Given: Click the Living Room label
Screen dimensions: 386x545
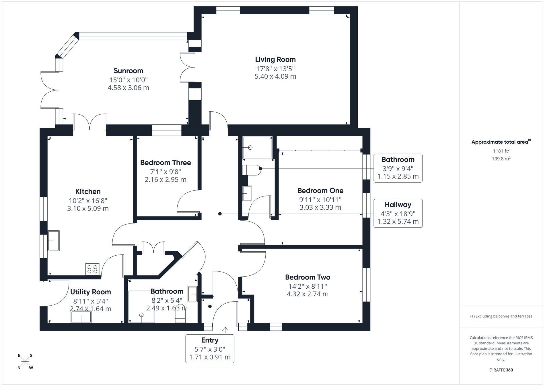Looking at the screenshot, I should (275, 59).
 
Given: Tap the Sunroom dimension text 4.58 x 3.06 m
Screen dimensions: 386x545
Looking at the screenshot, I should (128, 88).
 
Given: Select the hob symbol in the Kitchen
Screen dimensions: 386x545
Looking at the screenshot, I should (92, 269).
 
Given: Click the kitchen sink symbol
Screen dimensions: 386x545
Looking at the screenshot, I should (53, 240).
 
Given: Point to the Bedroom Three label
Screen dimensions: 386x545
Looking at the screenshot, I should (166, 163).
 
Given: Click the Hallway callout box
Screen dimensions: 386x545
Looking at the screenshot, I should (398, 213).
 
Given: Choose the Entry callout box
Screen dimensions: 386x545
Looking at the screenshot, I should (210, 348).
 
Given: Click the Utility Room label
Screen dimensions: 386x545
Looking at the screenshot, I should (91, 292).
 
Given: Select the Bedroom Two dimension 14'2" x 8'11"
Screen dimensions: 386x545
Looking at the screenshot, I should (307, 286).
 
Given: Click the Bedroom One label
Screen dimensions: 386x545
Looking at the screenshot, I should (320, 190).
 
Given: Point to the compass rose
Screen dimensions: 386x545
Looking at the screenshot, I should (25, 361).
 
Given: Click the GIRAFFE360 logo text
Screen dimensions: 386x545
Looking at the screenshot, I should (501, 370).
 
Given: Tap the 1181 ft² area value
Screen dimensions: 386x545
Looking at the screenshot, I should (501, 151).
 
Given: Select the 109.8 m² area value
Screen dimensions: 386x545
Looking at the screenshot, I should (501, 159).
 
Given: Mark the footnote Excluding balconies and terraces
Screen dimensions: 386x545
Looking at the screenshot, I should (501, 316).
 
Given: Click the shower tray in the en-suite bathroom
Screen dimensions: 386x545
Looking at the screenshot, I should (257, 148).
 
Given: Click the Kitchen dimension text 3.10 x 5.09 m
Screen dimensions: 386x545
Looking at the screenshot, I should (88, 208).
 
